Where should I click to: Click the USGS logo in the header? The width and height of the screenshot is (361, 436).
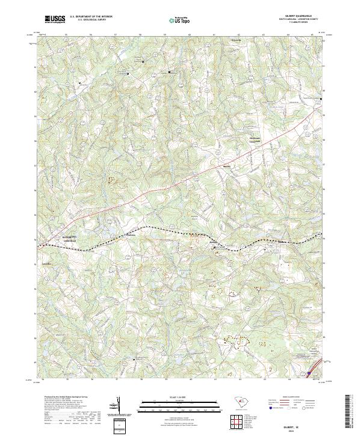coord(55,19)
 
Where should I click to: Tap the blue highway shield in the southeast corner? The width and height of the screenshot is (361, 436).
coord(309,373)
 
